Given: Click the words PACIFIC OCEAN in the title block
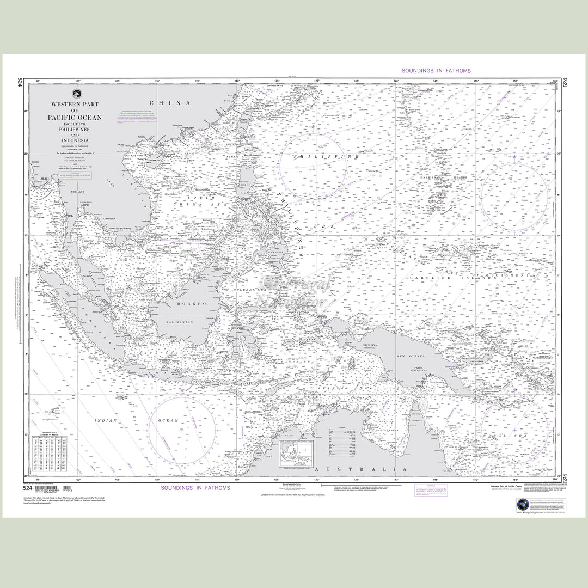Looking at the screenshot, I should tap(75, 118).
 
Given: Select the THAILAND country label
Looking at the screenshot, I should tap(70, 192).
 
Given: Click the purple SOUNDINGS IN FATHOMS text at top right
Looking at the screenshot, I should tap(436, 71).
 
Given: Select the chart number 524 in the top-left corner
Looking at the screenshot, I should tap(20, 83).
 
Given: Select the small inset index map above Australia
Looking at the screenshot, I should tap(297, 454).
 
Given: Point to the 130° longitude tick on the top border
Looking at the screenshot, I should tap(316, 81).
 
